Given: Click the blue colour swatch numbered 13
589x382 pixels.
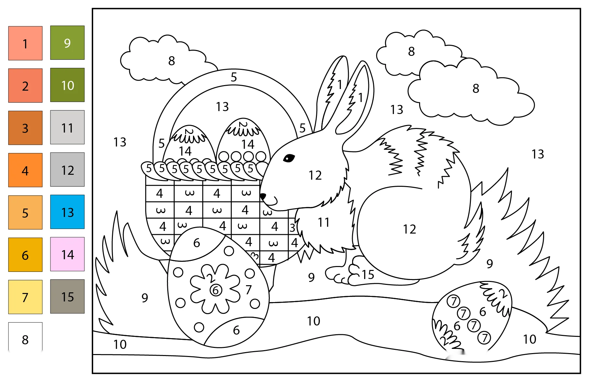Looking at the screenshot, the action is (x=67, y=212).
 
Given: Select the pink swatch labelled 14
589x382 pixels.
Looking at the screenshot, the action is (x=67, y=254).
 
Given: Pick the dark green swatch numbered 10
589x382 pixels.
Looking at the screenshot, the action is (x=67, y=85).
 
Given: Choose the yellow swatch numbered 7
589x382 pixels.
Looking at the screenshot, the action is (x=25, y=297).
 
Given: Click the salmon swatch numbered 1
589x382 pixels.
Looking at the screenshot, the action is (x=25, y=43).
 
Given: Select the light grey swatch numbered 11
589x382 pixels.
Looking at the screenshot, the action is (x=67, y=127).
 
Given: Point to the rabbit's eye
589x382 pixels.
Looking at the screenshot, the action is (x=289, y=158).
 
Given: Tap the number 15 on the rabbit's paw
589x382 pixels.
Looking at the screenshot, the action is (x=368, y=275).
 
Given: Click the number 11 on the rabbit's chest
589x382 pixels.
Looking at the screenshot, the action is (x=324, y=223).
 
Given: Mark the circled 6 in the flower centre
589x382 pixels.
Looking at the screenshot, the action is (x=216, y=290).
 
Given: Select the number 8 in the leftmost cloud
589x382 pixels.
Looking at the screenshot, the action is (x=171, y=61).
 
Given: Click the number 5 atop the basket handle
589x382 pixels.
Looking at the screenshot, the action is (x=234, y=77).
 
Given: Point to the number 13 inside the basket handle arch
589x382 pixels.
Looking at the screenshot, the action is (x=223, y=107).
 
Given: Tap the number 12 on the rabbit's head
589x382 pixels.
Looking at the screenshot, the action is (x=315, y=175).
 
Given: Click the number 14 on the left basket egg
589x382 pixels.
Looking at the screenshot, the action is (x=185, y=151).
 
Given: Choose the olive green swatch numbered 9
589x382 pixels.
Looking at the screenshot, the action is (x=67, y=43).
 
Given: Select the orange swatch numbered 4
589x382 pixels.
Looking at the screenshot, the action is (x=25, y=170).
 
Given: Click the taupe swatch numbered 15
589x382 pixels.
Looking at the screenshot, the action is (x=67, y=296).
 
